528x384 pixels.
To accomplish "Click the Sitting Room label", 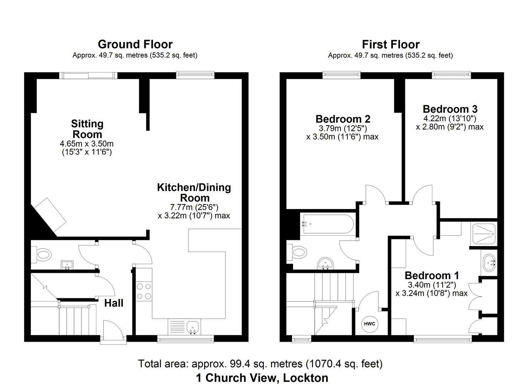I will coord(87,129).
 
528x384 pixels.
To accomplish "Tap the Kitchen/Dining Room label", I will coord(194,192).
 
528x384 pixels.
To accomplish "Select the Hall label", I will coord(114,303).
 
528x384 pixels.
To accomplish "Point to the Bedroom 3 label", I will coord(450,109).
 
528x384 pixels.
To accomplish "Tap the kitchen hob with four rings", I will coord(144,290).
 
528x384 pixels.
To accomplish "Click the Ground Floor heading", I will coord(135,44).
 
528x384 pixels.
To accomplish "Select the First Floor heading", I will coord(390,44).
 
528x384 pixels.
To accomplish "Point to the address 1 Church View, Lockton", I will coord(262,378).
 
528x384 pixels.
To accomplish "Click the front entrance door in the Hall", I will coord(113,331).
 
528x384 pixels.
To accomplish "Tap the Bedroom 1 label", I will coord(432,275).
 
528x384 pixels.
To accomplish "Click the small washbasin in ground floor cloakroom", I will coord(67,265).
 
